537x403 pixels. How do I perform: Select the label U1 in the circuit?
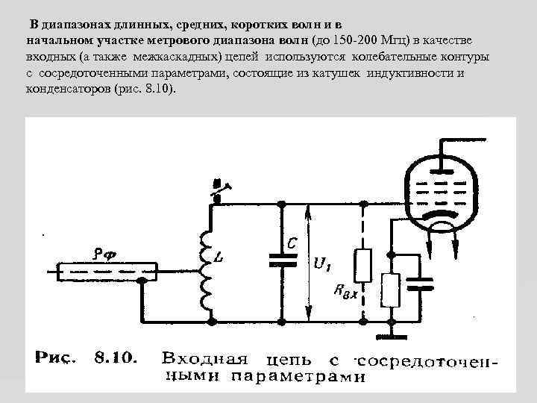[x=324, y=265]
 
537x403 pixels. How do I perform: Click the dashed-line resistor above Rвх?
[x=362, y=267]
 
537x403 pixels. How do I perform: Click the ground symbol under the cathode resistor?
[x=389, y=327]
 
